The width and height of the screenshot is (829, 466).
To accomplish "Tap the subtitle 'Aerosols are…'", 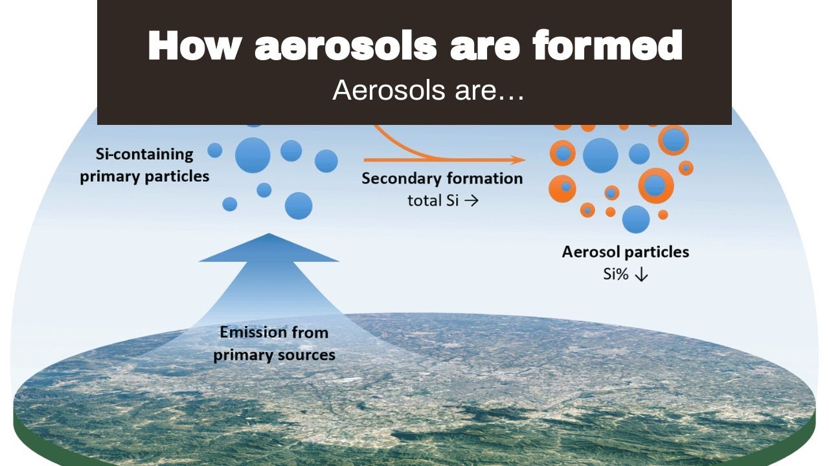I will pyautogui.click(x=427, y=91).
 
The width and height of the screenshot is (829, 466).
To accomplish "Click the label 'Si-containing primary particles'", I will pyautogui.click(x=144, y=165).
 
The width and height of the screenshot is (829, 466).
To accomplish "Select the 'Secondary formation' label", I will pyautogui.click(x=442, y=179).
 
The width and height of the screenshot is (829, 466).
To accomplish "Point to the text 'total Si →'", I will pyautogui.click(x=443, y=201).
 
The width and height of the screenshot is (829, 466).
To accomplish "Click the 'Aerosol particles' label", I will pyautogui.click(x=625, y=252).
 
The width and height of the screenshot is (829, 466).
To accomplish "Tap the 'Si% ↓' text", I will pyautogui.click(x=626, y=274).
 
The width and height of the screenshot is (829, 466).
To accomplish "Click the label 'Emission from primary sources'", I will pyautogui.click(x=274, y=344).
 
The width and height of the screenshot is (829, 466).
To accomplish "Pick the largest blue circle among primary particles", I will pyautogui.click(x=253, y=155).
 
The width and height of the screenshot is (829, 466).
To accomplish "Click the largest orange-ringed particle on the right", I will pyautogui.click(x=655, y=186).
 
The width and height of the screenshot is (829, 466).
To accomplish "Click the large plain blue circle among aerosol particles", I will pyautogui.click(x=600, y=155).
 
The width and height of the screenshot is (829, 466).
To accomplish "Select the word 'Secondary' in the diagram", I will pyautogui.click(x=402, y=179).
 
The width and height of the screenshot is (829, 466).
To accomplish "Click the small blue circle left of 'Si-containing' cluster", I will pyautogui.click(x=215, y=151).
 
